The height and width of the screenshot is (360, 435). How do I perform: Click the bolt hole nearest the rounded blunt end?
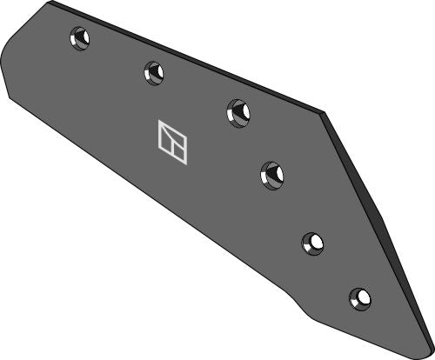point(80,39)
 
